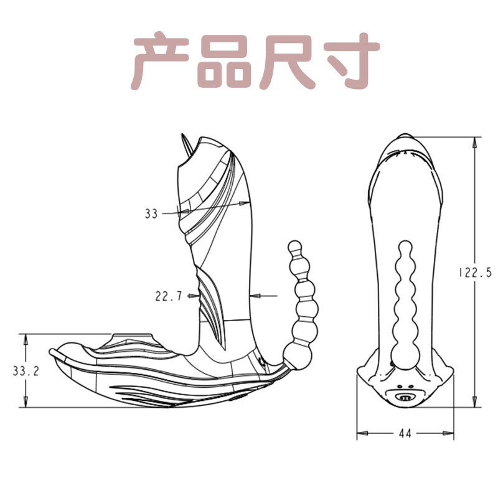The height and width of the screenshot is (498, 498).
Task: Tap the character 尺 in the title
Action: (x=286, y=63)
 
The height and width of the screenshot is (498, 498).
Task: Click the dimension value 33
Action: (x=151, y=214)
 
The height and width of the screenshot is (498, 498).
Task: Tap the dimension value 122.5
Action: (x=475, y=272)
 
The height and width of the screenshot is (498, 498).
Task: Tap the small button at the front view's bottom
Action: (x=405, y=394)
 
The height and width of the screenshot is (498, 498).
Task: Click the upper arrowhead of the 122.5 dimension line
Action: (x=475, y=142)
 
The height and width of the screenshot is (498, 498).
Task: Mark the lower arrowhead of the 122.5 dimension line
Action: (x=475, y=402)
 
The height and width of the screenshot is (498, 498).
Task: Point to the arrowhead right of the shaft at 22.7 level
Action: (x=252, y=296)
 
